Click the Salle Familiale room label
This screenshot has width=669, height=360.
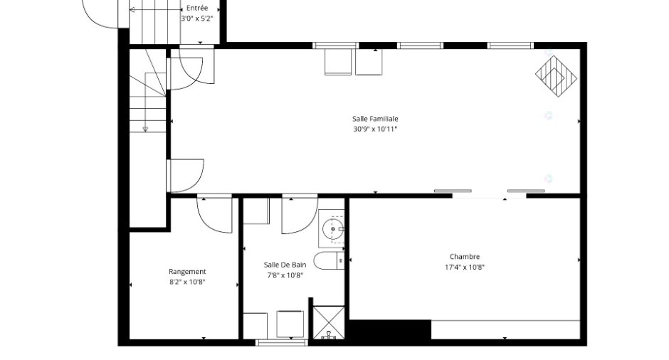[375, 119]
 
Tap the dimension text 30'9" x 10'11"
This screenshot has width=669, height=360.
[375, 129]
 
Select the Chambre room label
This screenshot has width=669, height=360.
[465, 257]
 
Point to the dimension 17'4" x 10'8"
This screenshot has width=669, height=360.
[465, 268]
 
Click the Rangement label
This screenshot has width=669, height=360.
[187, 272]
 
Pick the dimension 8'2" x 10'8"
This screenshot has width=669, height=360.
[187, 282]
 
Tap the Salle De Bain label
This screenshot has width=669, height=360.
[285, 265]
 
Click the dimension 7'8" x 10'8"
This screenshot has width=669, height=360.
[285, 275]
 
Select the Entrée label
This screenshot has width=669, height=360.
[197, 8]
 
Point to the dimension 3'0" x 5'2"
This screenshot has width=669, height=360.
[196, 18]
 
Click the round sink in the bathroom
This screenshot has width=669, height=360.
[333, 229]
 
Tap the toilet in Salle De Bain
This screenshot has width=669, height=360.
[329, 260]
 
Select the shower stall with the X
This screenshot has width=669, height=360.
[329, 323]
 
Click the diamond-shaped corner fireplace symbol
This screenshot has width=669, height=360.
[557, 77]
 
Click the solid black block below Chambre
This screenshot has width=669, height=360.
[390, 329]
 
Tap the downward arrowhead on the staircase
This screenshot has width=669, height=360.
[145, 129]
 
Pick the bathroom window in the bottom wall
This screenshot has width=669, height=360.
[281, 342]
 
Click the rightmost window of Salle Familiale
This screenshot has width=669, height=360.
[510, 46]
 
